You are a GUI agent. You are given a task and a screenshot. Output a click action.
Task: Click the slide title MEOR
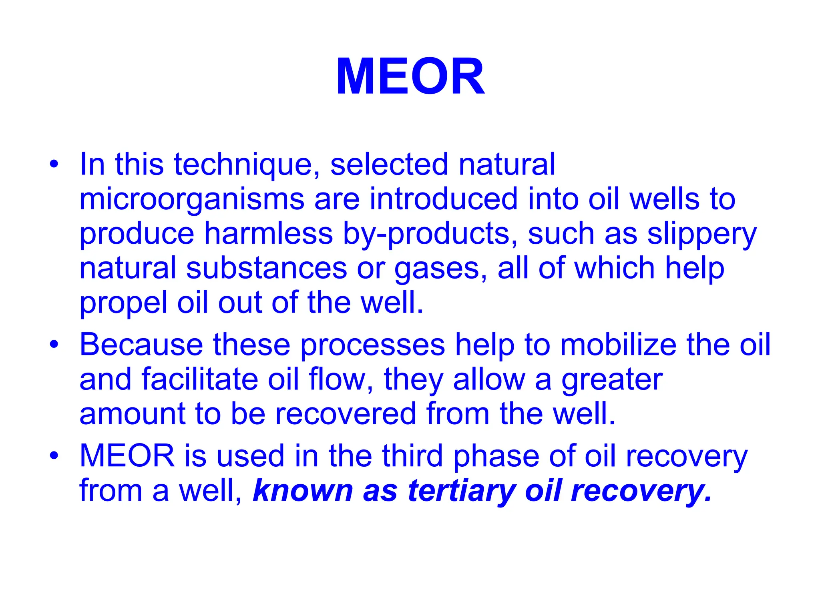click(x=410, y=76)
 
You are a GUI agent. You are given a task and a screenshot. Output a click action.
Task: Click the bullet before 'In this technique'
click(x=54, y=165)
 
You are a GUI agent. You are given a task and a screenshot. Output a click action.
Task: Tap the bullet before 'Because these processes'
click(x=54, y=345)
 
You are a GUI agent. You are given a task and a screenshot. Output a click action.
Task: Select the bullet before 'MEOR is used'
click(x=54, y=456)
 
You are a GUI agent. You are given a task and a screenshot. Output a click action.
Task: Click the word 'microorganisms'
click(x=192, y=200)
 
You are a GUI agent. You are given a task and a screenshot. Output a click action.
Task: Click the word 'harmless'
click(x=268, y=234)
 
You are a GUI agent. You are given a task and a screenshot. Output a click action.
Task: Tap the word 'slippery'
click(x=701, y=234)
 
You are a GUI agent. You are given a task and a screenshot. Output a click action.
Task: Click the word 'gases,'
click(x=441, y=269)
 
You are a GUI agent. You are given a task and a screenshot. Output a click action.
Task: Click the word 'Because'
click(x=141, y=345)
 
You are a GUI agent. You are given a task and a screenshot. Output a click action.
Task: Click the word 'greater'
click(x=612, y=379)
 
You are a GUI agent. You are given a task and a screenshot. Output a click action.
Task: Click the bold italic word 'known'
click(x=303, y=491)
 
